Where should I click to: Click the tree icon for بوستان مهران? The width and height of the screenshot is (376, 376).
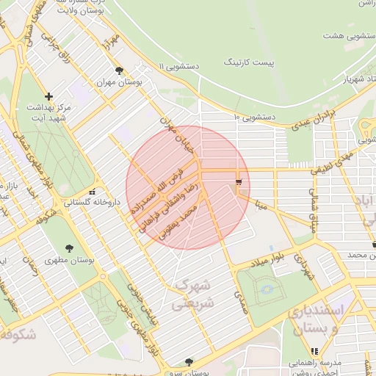tap(119, 71)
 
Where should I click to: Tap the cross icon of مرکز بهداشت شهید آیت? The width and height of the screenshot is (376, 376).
tap(49, 95)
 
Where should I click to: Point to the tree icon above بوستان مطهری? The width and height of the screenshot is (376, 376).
tap(70, 247)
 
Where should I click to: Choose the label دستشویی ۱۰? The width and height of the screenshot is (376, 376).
tap(254, 117)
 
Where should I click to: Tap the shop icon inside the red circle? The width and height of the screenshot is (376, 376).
tap(238, 181)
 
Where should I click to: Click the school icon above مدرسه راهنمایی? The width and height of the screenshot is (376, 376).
tap(314, 351)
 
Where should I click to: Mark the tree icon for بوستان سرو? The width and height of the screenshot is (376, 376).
tap(189, 361)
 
